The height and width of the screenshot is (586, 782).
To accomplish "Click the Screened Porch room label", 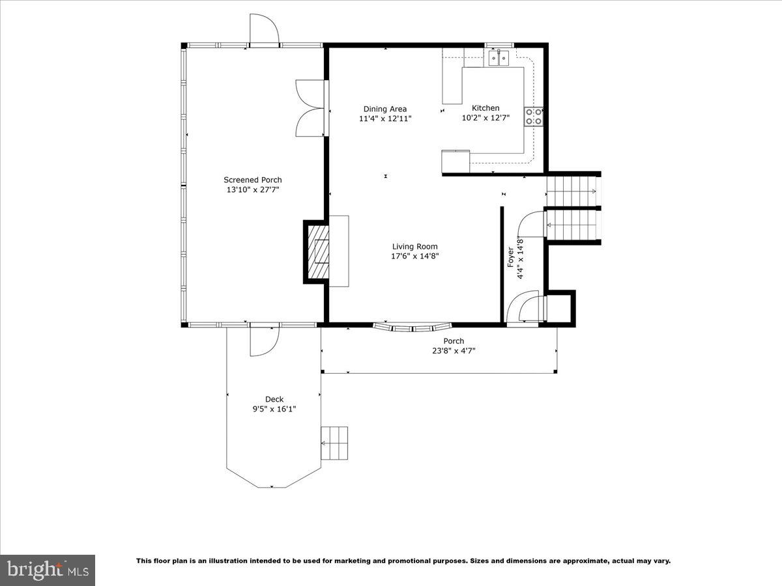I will tap(253, 180).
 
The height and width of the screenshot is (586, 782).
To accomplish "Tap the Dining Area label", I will tap(384, 109).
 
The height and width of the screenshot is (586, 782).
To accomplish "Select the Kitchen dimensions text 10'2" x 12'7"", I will tap(485, 119).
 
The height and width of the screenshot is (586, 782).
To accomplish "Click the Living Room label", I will tap(414, 246).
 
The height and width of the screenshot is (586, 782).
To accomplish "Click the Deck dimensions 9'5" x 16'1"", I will tap(274, 410).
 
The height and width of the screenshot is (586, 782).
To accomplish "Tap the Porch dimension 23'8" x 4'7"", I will tap(454, 351).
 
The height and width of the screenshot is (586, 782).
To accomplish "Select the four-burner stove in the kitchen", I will tap(534, 117).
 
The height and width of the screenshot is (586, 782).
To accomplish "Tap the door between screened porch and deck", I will tap(264, 339).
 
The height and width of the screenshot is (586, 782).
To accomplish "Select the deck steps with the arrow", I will tap(334, 443).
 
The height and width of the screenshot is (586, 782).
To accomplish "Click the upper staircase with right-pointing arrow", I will tap(572, 191).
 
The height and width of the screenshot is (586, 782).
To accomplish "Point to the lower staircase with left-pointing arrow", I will tap(572, 225).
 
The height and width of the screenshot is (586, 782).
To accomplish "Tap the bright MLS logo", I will tap(48, 570).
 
